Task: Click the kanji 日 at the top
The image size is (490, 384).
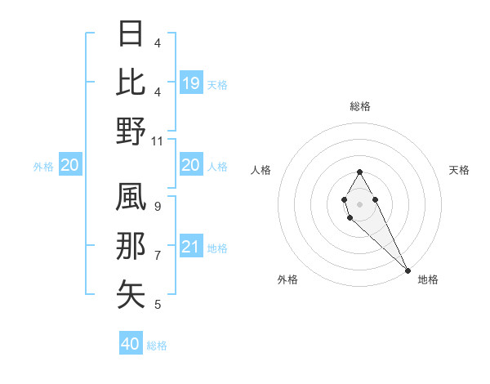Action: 131,35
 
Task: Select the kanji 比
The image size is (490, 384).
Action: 131,83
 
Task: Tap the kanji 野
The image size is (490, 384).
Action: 131,131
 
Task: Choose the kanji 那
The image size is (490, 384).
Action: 131,246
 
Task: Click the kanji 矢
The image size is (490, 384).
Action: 131,294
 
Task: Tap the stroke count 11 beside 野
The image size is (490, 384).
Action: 158,141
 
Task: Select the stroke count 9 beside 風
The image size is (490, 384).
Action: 158,207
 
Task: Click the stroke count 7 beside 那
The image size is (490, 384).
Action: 158,256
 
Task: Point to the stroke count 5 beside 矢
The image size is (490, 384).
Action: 158,305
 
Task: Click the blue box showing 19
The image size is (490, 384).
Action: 190,83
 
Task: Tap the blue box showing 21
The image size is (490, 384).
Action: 190,247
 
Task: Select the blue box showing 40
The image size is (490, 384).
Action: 131,344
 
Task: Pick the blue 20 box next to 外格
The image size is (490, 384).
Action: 70,165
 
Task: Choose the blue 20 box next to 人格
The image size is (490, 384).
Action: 190,165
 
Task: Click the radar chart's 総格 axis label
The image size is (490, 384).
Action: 359,106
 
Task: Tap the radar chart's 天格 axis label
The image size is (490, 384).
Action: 459,170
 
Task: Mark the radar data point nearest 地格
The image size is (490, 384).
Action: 408,270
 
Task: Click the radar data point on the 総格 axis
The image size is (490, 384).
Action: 359,172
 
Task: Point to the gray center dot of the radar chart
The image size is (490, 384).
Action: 359,203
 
